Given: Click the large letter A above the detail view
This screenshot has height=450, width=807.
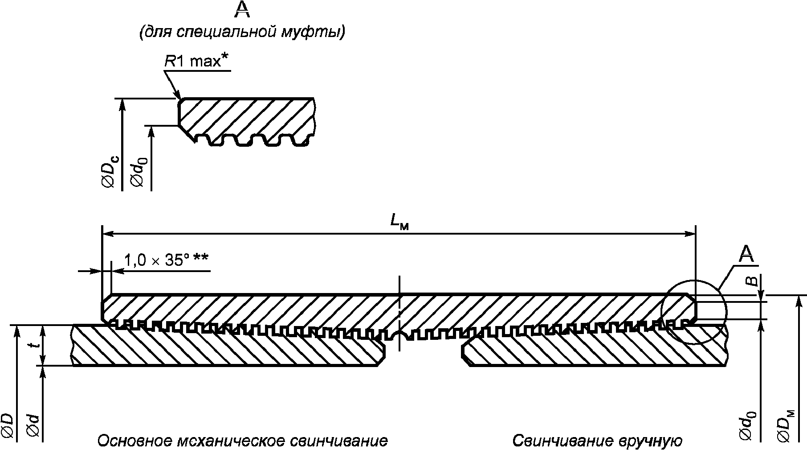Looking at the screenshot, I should click(242, 9).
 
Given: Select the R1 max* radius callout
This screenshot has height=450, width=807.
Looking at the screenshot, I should click(193, 61).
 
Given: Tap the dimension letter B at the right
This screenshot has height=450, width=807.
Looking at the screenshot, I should click(751, 281).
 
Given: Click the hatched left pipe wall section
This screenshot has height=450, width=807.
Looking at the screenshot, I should click(223, 350).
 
